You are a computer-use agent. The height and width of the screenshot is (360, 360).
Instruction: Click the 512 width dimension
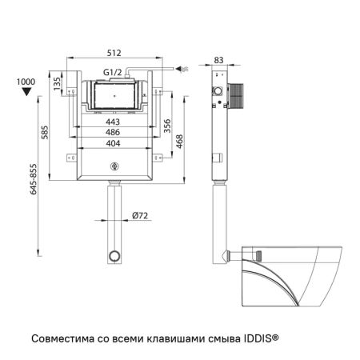[113, 53]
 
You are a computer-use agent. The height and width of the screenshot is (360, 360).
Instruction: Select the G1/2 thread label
[113, 73]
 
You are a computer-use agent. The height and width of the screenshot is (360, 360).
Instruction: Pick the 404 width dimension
[113, 143]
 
